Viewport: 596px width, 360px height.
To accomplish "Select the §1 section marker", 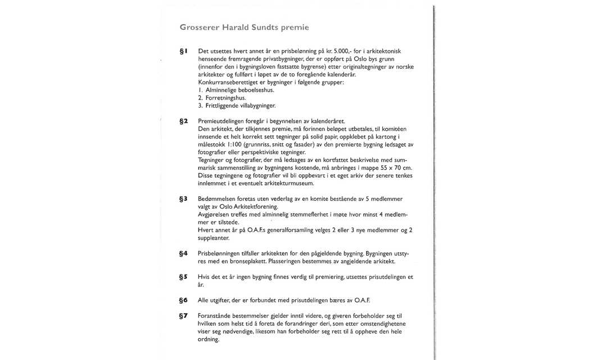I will [x=183, y=51].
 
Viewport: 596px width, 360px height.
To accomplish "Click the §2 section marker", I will [x=183, y=121].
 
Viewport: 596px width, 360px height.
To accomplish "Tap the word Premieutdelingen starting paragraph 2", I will [x=222, y=121].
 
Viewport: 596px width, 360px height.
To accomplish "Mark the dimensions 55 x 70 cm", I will [x=395, y=168].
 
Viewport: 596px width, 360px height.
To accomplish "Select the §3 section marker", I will [x=183, y=199].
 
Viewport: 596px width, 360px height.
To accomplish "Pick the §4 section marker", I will [x=183, y=254].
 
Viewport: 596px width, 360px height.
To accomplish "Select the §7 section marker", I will [x=183, y=316].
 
